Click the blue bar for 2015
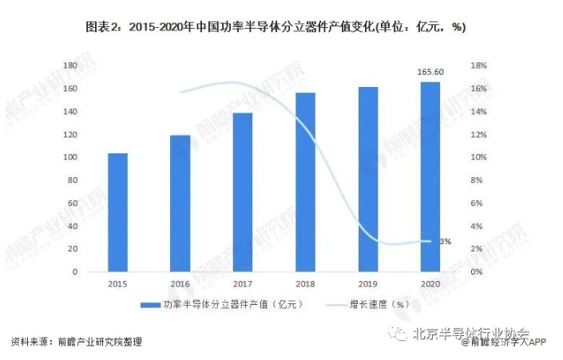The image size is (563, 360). pyautogui.click(x=117, y=212)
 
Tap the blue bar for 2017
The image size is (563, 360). pyautogui.click(x=243, y=192)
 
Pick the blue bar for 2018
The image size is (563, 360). pyautogui.click(x=305, y=182)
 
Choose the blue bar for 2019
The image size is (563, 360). pyautogui.click(x=367, y=180)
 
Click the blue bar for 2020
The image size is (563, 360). pyautogui.click(x=430, y=176)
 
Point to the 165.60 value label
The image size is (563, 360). pyautogui.click(x=430, y=72)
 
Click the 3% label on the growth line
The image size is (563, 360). pyautogui.click(x=446, y=241)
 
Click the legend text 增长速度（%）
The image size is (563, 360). pyautogui.click(x=379, y=304)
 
